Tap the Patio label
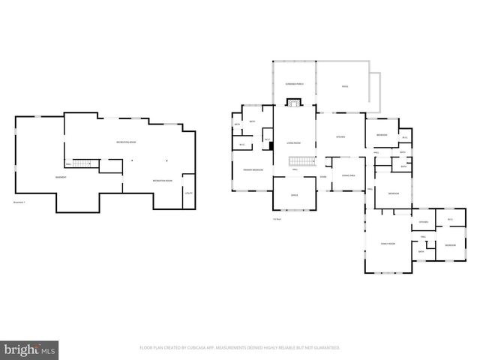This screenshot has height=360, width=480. click(345, 86)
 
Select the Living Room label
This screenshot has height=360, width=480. click(293, 142)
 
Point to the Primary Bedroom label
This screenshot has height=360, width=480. click(252, 169)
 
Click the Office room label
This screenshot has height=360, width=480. click(294, 195)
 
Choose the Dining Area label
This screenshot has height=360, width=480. click(348, 175)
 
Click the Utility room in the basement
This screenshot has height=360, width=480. click(188, 193)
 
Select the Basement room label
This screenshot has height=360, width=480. click(61, 177)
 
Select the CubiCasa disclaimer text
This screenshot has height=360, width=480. click(240, 348)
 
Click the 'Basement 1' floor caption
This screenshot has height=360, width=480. click(20, 202)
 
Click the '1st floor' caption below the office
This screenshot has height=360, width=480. click(277, 219)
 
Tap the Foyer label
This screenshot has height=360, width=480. click(322, 177)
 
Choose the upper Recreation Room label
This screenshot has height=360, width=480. click(125, 142)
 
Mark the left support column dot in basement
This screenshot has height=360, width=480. click(132, 160)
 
